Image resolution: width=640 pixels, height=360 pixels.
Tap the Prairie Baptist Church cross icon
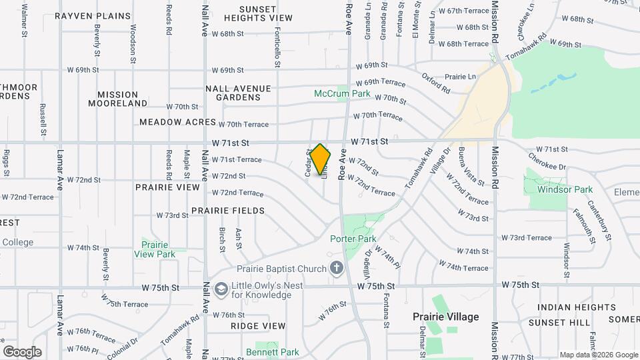(x=337, y=269)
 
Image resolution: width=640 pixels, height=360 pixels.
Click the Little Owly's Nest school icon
(x=221, y=287)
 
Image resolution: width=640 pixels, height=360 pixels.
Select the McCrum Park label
(x=342, y=94)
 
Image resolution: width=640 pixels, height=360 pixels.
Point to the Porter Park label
(x=353, y=239)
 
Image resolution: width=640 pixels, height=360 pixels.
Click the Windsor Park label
(x=565, y=189)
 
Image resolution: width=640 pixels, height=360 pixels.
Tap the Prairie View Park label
(x=154, y=249)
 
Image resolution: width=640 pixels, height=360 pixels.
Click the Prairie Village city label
(x=445, y=317)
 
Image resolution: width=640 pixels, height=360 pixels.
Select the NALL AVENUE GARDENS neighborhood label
(x=238, y=93)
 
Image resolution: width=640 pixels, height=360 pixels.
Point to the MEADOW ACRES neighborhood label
(x=177, y=123)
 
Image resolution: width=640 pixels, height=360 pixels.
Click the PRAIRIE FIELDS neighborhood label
(x=228, y=211)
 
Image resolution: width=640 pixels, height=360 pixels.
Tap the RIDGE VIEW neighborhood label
(x=258, y=326)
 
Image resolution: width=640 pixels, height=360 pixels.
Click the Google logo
(x=22, y=351)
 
